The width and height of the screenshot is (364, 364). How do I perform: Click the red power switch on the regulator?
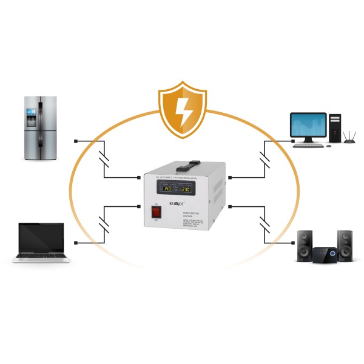(155, 212)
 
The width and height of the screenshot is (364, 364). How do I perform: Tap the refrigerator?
(41, 127)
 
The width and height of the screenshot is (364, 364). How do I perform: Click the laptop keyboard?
(41, 255)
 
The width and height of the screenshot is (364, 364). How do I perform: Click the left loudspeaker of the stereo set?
(305, 245)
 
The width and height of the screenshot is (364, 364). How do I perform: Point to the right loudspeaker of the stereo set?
(345, 245)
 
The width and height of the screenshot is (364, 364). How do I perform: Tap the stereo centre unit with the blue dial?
(325, 255)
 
